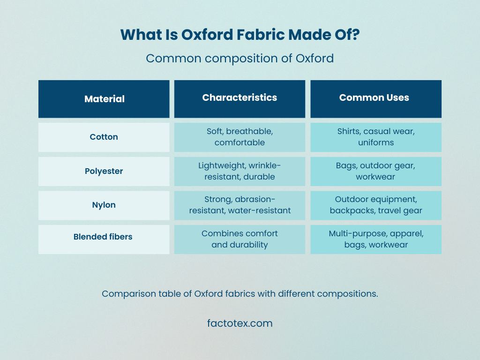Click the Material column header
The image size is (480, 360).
104,99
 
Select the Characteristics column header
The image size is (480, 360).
240,99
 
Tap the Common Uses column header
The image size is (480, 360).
376,99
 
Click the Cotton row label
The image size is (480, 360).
104,137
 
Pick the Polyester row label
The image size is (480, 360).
104,172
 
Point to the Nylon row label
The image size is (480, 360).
104,205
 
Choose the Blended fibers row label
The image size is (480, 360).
104,240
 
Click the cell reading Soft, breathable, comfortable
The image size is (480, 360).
240,137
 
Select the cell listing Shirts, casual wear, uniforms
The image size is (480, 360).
376,137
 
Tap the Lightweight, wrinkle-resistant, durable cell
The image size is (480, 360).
240,172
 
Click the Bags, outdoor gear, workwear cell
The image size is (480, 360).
376,172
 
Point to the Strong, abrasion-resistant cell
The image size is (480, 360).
240,205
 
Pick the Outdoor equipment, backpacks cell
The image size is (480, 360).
376,205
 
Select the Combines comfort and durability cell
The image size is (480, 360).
240,240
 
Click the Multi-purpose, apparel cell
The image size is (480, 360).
376,240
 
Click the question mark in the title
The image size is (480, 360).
356,35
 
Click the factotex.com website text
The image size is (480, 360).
240,323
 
